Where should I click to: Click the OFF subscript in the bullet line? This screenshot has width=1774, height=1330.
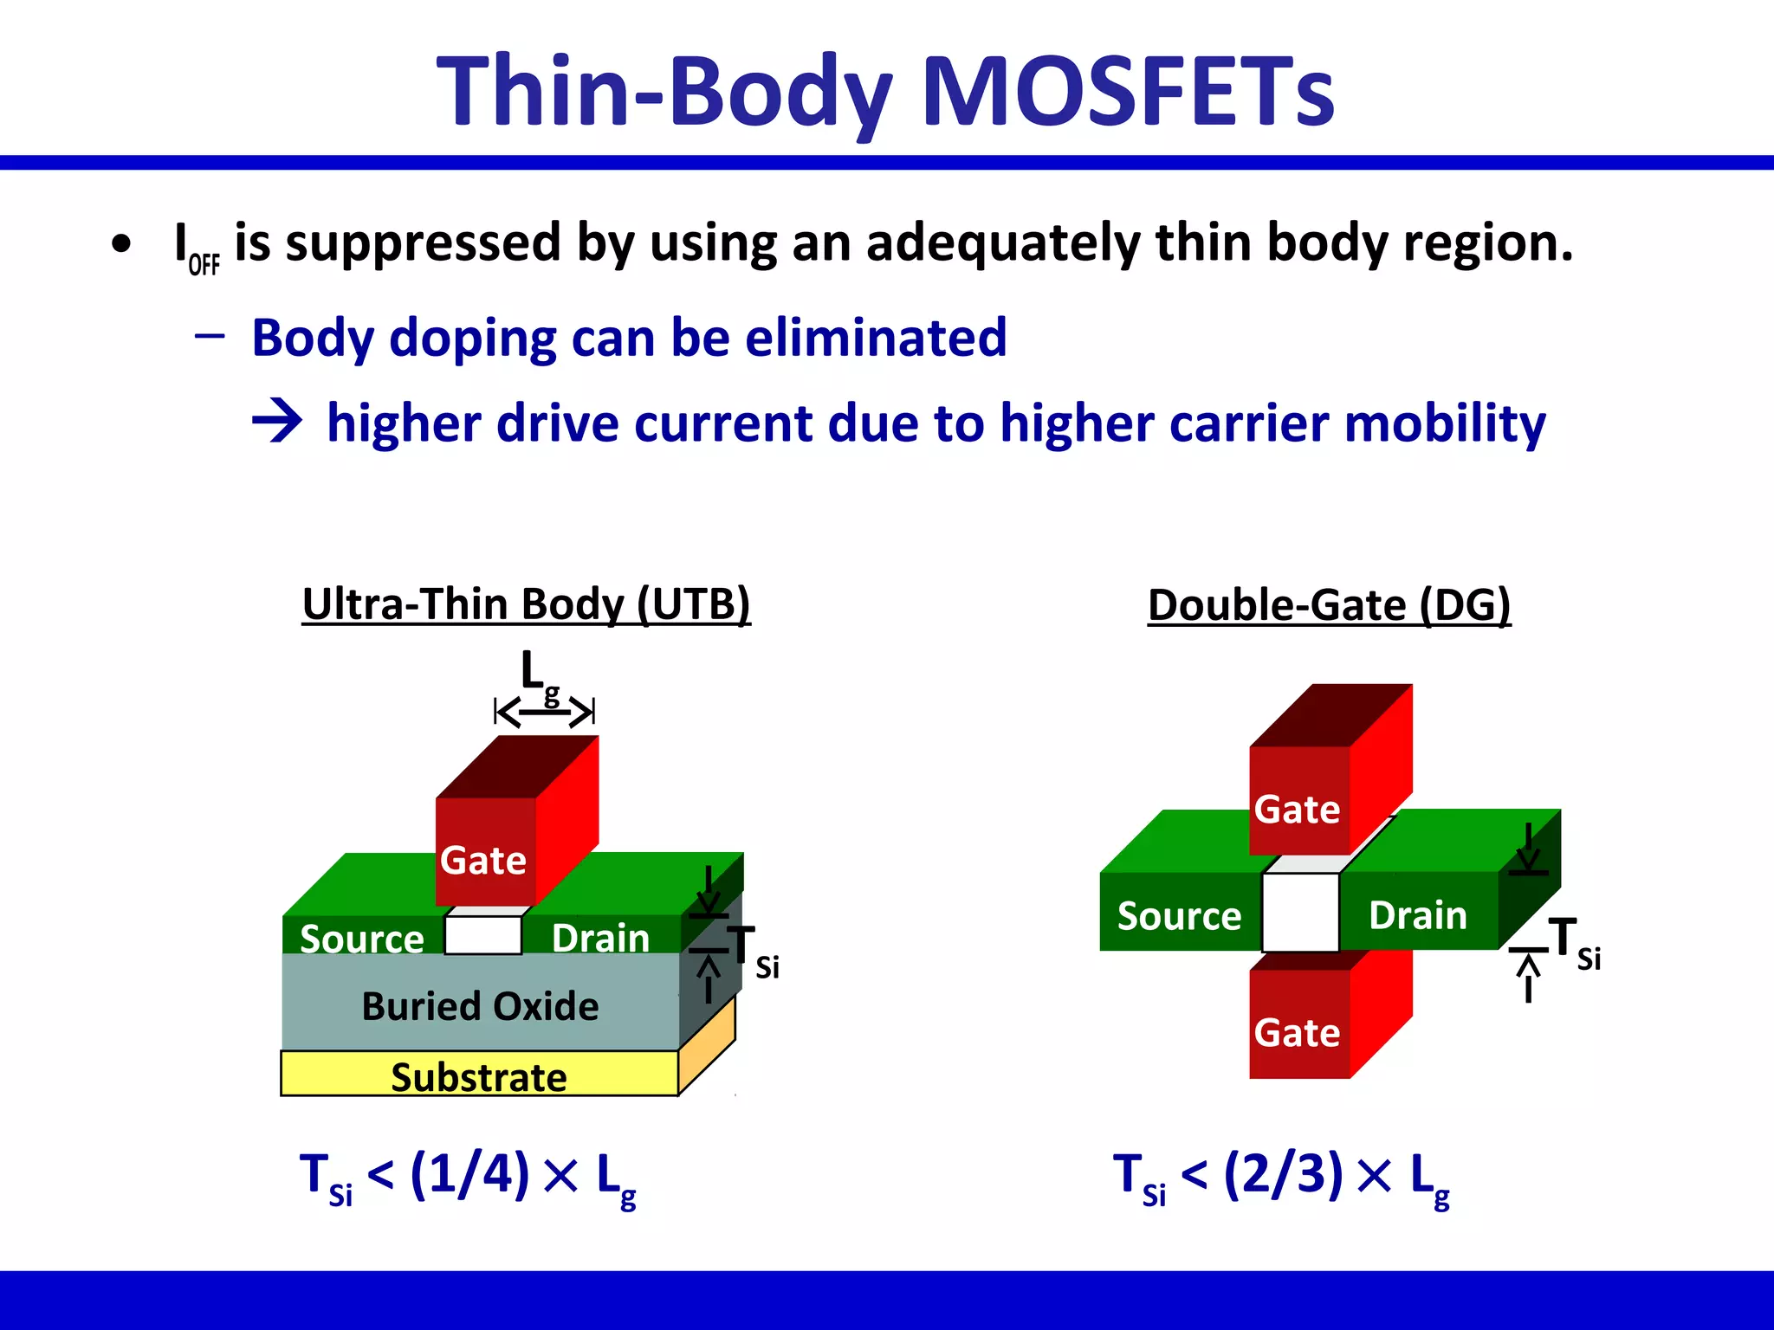(204, 264)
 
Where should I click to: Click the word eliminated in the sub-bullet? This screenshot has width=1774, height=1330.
(875, 338)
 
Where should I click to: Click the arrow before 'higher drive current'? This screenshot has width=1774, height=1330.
(277, 422)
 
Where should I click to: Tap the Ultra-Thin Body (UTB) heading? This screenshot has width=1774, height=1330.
(526, 604)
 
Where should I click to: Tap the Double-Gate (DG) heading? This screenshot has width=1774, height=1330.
(1329, 604)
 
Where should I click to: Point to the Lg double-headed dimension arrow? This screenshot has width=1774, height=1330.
(544, 713)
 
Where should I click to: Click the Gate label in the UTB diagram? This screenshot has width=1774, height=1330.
(482, 861)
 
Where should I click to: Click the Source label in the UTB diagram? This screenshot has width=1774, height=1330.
(362, 939)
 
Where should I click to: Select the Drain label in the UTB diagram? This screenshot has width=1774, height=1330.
(600, 938)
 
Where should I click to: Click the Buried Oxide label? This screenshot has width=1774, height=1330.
(480, 1006)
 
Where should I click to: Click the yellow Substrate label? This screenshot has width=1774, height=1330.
(478, 1077)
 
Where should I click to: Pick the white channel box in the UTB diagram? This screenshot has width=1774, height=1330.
(483, 935)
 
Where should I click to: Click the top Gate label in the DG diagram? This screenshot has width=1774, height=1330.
(1297, 810)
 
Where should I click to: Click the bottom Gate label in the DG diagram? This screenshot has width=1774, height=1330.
(1297, 1033)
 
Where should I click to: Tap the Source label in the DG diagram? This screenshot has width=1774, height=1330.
(1179, 915)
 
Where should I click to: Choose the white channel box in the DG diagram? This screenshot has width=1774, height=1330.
(1300, 912)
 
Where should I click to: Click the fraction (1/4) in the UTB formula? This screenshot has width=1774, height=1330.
(469, 1175)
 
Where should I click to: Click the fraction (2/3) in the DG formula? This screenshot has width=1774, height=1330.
(1283, 1175)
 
